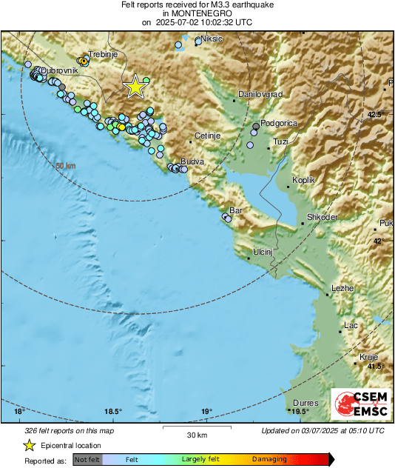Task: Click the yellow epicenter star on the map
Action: tap(135, 87)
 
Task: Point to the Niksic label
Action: tap(212, 39)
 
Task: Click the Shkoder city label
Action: tap(323, 217)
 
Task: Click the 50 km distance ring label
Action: tap(66, 166)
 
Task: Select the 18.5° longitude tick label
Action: tap(112, 412)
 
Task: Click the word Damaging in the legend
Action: tap(269, 459)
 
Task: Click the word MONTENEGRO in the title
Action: tap(197, 13)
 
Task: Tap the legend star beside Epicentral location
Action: tap(29, 445)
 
